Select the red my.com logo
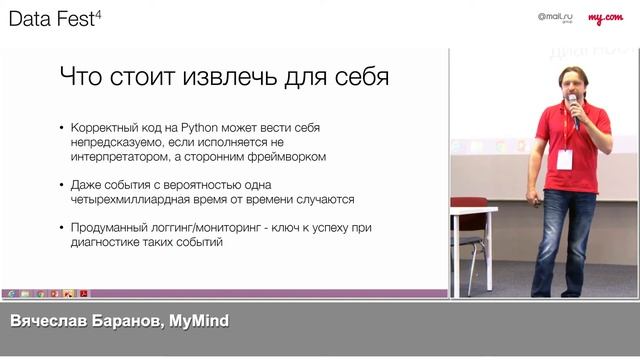tap(605, 18)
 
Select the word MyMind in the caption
tap(200, 321)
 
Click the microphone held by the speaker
tap(573, 103)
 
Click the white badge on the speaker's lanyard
tap(565, 158)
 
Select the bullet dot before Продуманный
tap(61, 229)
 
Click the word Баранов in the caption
tap(129, 321)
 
